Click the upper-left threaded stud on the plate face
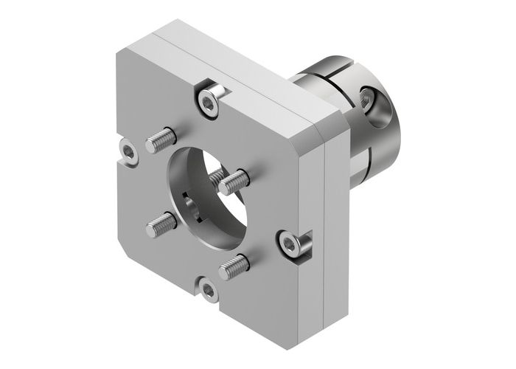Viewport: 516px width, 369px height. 162,139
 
